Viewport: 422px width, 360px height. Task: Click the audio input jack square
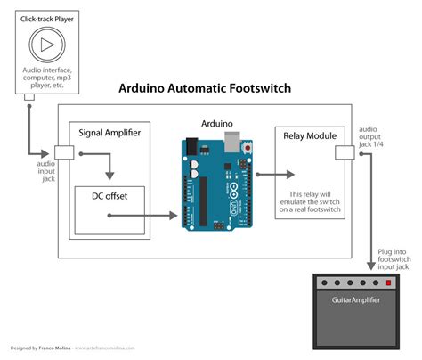coord(62,153)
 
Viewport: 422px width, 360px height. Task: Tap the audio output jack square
coord(343,153)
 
